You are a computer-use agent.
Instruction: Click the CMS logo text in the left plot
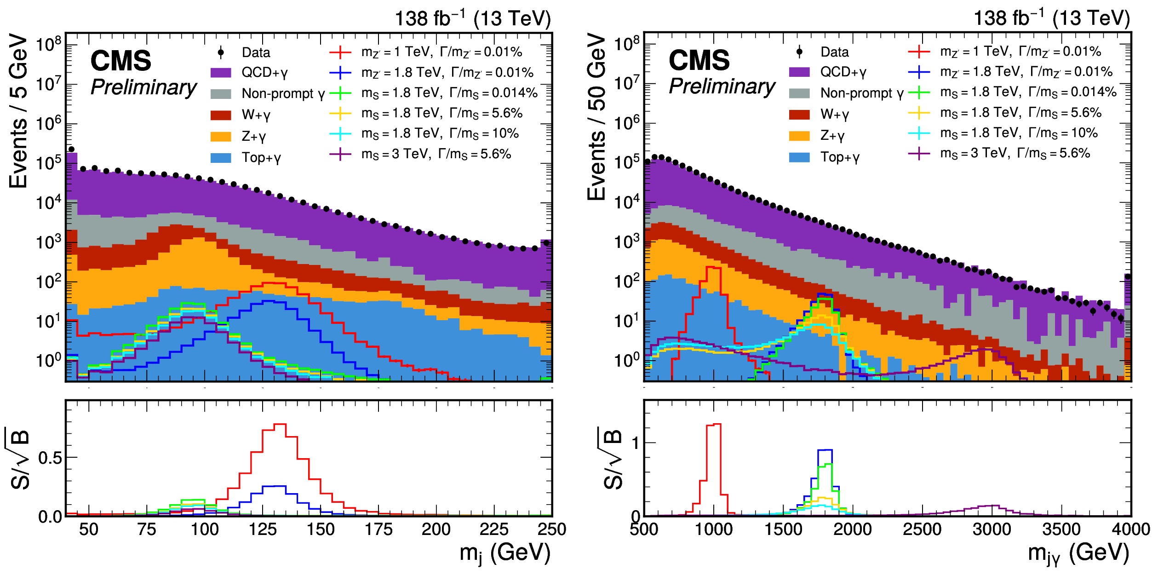[x=120, y=61]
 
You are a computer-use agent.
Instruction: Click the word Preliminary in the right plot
[x=722, y=86]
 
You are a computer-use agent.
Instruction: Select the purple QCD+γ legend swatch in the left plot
[x=221, y=73]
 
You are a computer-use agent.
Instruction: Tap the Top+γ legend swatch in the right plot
[x=799, y=157]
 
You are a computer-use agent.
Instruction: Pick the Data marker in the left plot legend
[x=221, y=52]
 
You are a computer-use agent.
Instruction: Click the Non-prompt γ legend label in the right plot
[x=862, y=93]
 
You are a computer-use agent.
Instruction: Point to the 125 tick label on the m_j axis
[x=263, y=529]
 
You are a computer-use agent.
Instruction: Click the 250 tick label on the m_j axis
[x=551, y=529]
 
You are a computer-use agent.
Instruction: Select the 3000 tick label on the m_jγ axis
[x=992, y=529]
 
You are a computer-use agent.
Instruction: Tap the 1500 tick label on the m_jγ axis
[x=783, y=529]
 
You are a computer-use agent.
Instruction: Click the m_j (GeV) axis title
[x=504, y=552]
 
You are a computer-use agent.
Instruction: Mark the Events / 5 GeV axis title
[x=18, y=110]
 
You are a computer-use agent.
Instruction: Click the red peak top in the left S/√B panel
[x=280, y=424]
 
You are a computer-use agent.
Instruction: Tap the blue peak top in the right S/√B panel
[x=825, y=450]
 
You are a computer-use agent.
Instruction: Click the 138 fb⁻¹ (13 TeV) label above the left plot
[x=472, y=18]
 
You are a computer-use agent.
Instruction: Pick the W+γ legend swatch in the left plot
[x=221, y=115]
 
